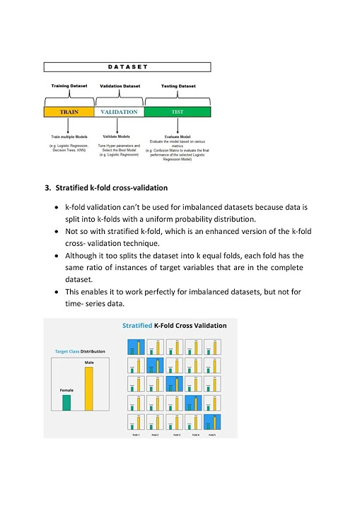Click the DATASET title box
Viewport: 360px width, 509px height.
click(x=127, y=67)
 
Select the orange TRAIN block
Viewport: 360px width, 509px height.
click(x=69, y=112)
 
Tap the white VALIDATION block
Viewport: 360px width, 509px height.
click(x=119, y=112)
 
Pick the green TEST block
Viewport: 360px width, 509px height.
click(x=177, y=112)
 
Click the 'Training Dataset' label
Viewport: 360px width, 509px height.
click(x=69, y=86)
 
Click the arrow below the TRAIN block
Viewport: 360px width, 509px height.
click(x=69, y=126)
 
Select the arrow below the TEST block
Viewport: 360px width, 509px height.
click(x=177, y=124)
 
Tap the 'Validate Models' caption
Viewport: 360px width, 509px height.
click(x=119, y=136)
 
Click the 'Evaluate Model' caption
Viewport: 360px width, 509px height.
click(x=177, y=136)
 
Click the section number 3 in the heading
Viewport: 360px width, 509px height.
click(x=47, y=189)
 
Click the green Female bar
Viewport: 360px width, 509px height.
click(x=66, y=402)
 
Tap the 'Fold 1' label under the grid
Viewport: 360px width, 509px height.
click(x=136, y=433)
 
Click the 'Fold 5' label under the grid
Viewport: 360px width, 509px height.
click(x=211, y=433)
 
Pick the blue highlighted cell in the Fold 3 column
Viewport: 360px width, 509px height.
click(x=173, y=385)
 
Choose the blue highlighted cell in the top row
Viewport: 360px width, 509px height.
click(x=136, y=346)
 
